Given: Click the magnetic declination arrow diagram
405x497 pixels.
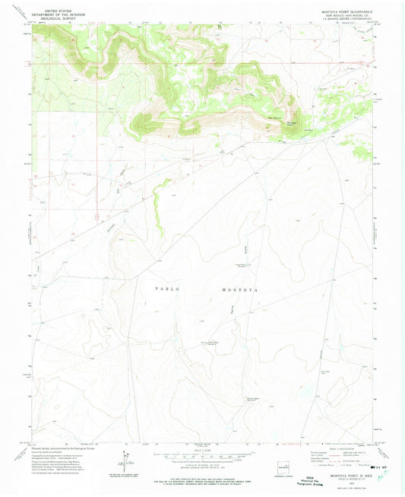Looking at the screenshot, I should point(122,459).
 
